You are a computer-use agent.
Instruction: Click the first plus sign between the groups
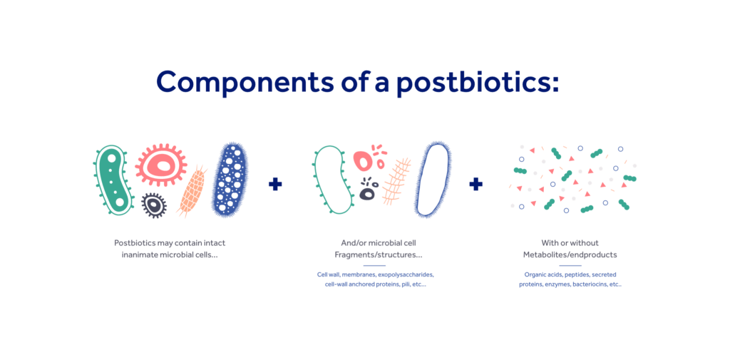point(275,185)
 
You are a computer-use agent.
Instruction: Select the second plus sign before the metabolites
point(475,185)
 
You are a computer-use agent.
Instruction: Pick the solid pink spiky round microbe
point(162,165)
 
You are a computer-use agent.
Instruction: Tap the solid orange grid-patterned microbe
point(192,191)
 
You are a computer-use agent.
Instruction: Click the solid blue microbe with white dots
point(230,180)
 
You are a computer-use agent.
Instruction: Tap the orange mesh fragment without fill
point(396,181)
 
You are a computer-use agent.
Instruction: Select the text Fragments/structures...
point(378,254)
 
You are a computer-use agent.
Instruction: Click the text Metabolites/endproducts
point(570,254)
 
